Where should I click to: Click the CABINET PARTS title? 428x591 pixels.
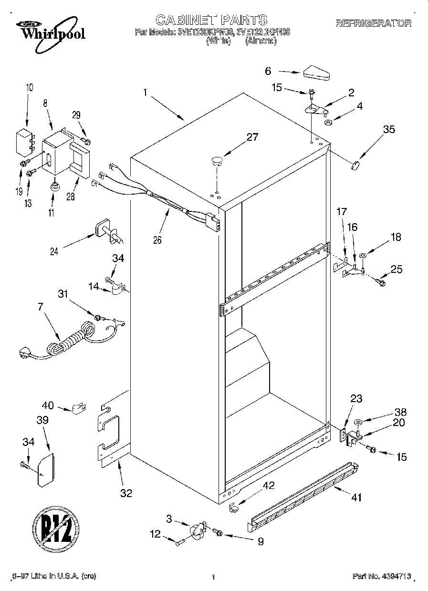coord(211,20)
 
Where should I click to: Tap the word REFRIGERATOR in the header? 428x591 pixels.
coord(373,23)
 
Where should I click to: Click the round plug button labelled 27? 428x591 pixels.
coord(217,160)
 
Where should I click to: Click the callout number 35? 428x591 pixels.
coord(389,130)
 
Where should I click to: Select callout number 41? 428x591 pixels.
coord(356,498)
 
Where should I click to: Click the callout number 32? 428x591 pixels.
coord(125,493)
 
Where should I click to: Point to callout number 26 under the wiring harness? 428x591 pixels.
coord(157,240)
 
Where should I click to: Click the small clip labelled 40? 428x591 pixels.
coord(79,408)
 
